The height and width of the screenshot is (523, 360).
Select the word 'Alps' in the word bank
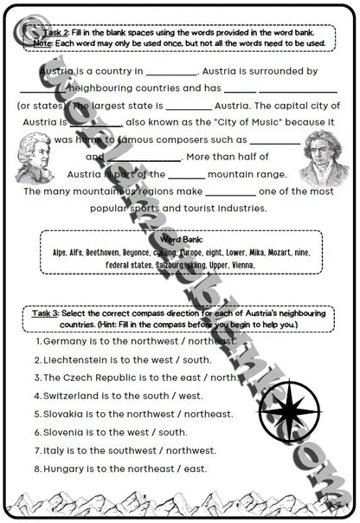click(59, 251)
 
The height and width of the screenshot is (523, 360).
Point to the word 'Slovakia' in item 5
click(66, 413)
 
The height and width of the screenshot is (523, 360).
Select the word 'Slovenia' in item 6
click(66, 431)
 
